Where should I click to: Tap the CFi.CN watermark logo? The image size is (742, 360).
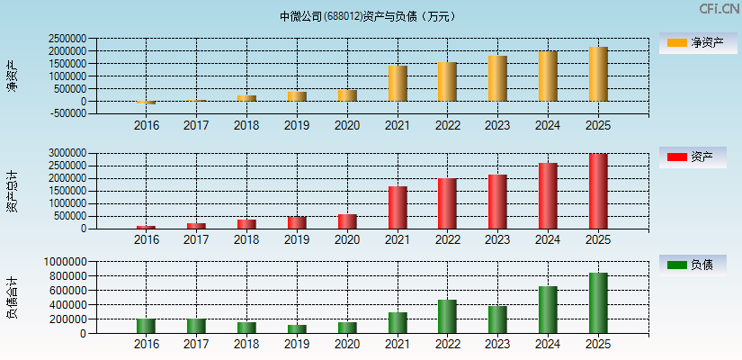720,9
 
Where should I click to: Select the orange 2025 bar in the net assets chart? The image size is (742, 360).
598,74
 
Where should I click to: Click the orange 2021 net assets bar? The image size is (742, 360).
398,84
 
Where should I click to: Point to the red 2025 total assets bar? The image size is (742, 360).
598,191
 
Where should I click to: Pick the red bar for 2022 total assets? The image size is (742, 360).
447,203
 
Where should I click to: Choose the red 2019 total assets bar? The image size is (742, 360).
297,222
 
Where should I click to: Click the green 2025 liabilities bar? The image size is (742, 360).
598,303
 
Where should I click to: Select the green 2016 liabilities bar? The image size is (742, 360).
146,326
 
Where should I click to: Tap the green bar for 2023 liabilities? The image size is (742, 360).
497,319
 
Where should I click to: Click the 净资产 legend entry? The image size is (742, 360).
698,42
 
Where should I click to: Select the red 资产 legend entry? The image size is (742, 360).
698,157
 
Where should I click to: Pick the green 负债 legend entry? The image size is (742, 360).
698,265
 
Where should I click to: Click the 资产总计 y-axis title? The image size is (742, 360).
12,191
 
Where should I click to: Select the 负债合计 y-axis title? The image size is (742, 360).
12,298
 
